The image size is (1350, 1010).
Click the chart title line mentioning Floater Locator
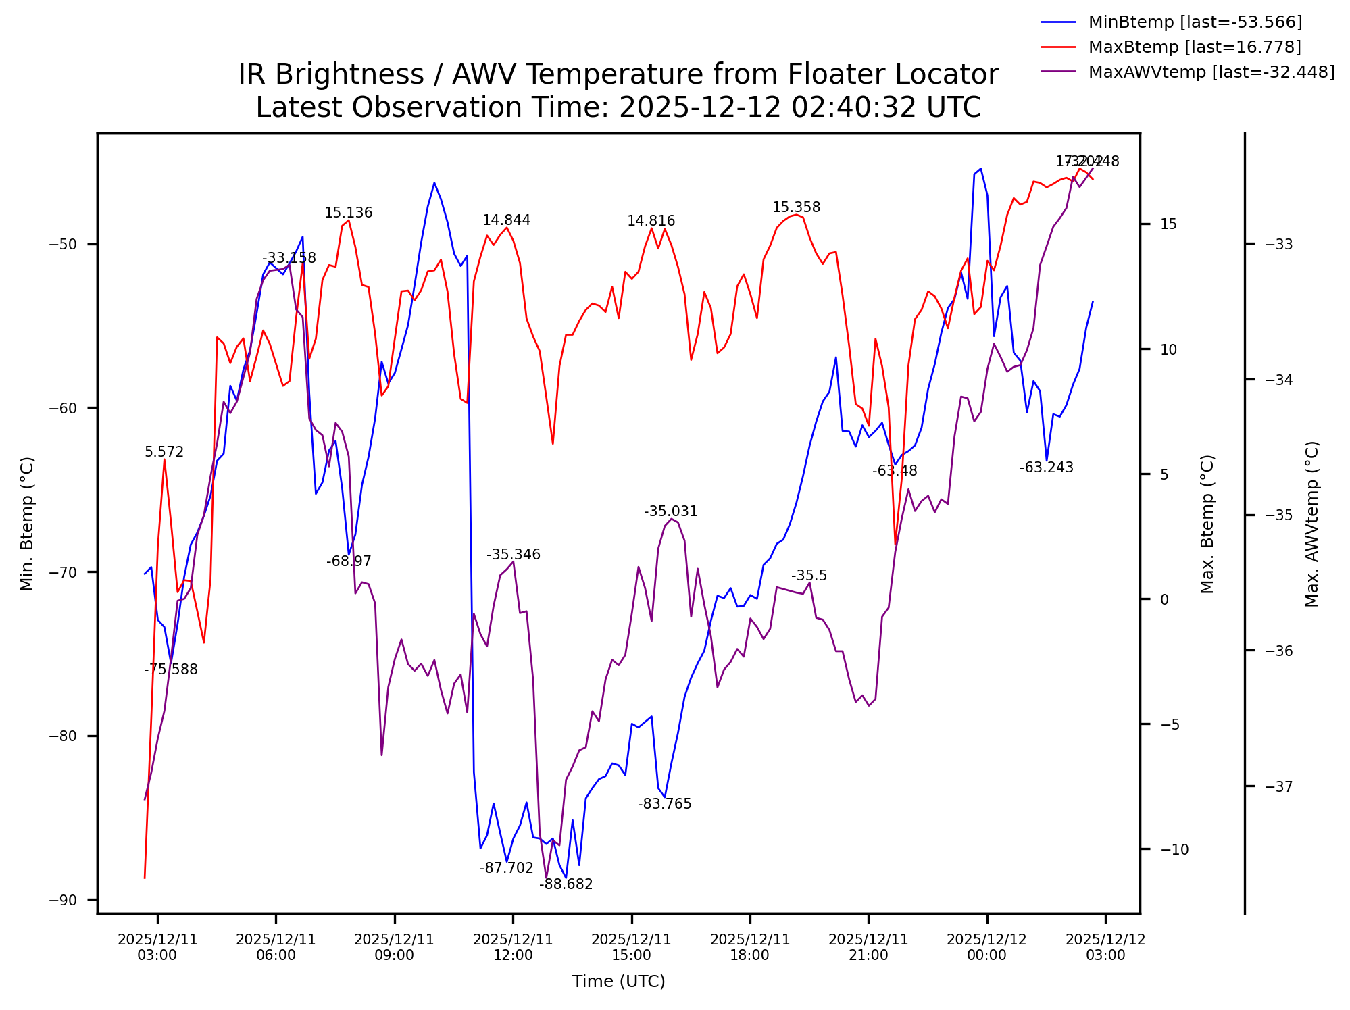(x=618, y=74)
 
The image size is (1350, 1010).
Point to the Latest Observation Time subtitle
(x=618, y=107)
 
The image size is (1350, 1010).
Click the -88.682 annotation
(x=566, y=884)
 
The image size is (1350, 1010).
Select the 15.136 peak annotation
(x=348, y=213)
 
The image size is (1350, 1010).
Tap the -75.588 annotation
(x=170, y=670)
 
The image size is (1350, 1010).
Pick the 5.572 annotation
(x=164, y=452)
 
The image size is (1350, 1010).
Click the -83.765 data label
(x=664, y=804)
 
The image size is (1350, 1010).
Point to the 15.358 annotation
(x=796, y=207)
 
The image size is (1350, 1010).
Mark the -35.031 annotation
(x=670, y=511)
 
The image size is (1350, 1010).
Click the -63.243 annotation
(x=1046, y=468)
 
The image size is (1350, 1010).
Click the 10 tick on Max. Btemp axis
(x=1168, y=349)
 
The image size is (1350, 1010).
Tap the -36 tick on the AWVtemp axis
(x=1278, y=651)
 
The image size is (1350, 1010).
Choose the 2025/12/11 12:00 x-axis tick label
(x=513, y=947)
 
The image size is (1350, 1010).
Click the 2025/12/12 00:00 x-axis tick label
(x=986, y=947)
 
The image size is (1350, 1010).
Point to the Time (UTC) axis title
(x=618, y=982)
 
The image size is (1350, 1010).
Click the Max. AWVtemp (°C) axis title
(x=1312, y=524)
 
